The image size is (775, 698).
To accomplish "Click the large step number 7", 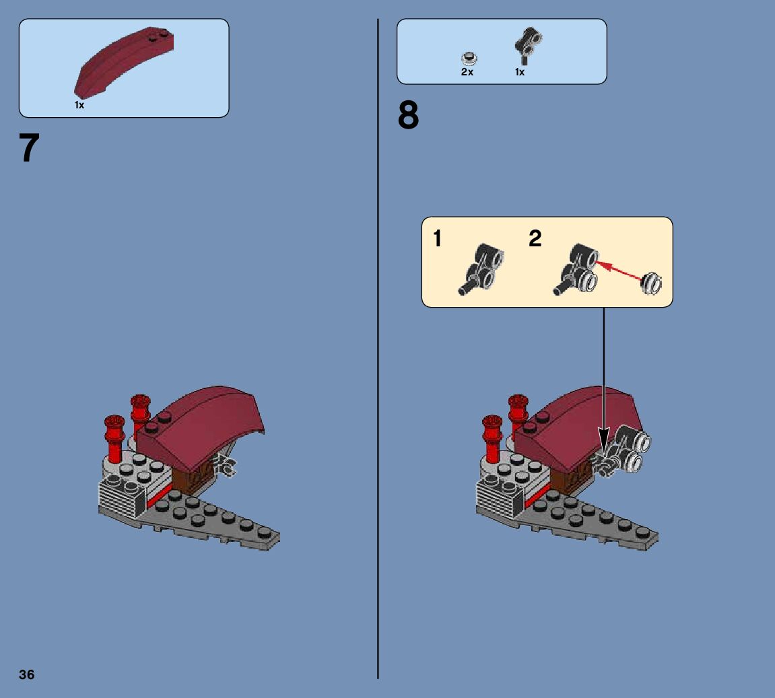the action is click(x=30, y=149).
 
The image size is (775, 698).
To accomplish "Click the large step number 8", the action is click(x=408, y=116).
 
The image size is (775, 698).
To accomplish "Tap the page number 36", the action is click(x=27, y=674).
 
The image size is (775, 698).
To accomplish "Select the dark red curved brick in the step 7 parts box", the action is click(x=125, y=62).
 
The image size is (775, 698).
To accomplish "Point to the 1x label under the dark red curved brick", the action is click(x=79, y=105).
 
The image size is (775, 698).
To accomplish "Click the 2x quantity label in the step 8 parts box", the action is click(x=467, y=72).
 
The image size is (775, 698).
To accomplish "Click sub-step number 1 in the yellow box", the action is click(x=438, y=238).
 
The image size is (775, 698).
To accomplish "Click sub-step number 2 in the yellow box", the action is click(x=535, y=238).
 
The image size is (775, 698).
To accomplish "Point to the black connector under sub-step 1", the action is click(x=482, y=269).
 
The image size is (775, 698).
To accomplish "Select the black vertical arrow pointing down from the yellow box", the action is click(x=603, y=377).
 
